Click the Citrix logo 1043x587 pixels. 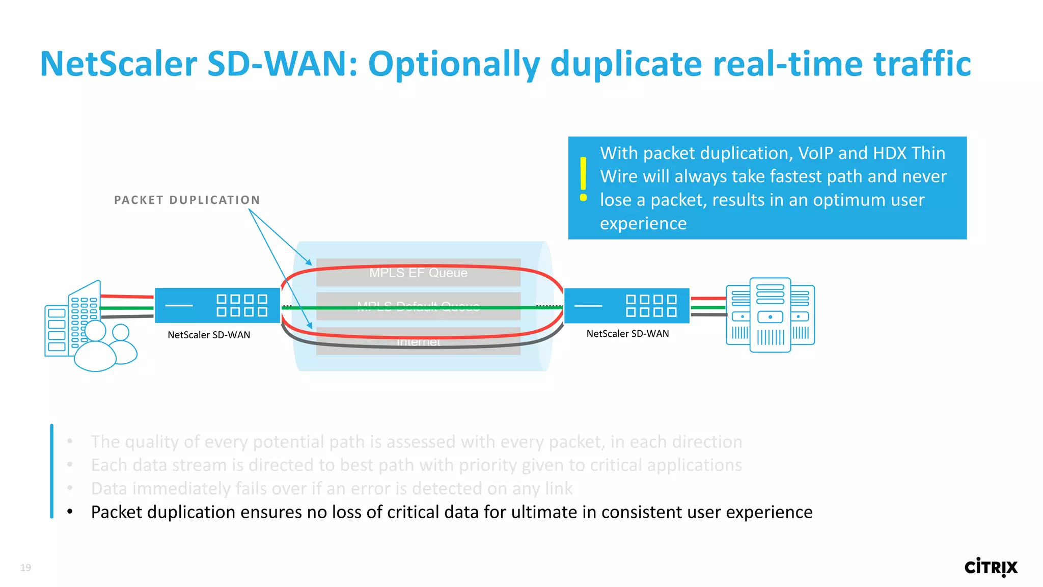991,567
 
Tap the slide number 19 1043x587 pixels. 25,568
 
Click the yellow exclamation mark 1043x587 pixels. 584,179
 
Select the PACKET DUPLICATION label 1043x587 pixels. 187,200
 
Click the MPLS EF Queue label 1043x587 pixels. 418,273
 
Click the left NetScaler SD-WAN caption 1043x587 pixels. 209,335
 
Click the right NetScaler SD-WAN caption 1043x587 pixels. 627,334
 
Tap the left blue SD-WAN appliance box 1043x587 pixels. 217,305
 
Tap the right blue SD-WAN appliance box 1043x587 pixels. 626,305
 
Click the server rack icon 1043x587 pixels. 770,314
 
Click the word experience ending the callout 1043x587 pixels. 643,223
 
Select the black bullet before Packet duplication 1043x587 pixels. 70,512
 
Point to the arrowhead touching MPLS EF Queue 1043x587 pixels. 309,262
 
